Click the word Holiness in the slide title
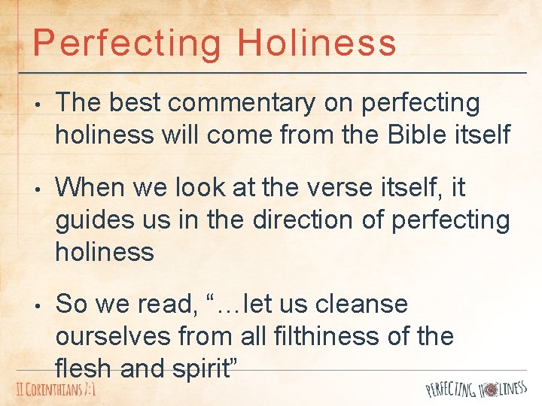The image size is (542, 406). pos(316,43)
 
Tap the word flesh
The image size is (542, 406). pos(81,368)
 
